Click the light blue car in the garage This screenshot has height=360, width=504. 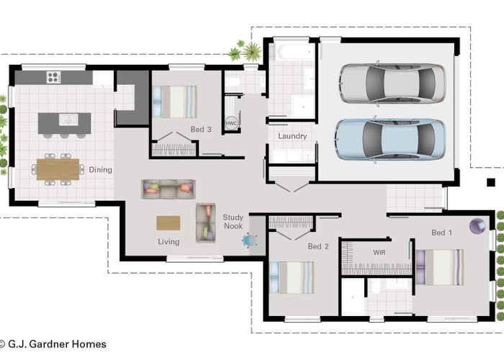390,138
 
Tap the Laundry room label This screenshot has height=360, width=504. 292,136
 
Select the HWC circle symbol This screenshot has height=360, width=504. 231,123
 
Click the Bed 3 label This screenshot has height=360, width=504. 201,130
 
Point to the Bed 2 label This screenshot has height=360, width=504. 318,246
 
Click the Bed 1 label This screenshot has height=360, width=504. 442,233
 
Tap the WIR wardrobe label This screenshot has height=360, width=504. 379,253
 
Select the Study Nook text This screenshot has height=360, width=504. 233,221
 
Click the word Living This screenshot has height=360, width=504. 168,242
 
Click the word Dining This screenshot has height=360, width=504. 100,170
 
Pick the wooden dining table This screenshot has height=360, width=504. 58,169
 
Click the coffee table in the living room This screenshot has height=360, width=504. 168,222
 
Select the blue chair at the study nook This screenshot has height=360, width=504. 250,240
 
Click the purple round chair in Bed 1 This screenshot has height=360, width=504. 477,226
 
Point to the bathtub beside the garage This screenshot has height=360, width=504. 291,52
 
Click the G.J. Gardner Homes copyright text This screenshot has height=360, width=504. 53,344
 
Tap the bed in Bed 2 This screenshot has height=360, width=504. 292,277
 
